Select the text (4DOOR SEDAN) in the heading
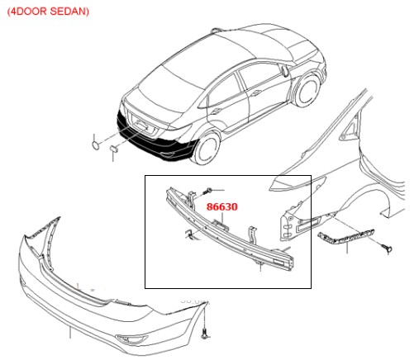pos(48,12)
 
